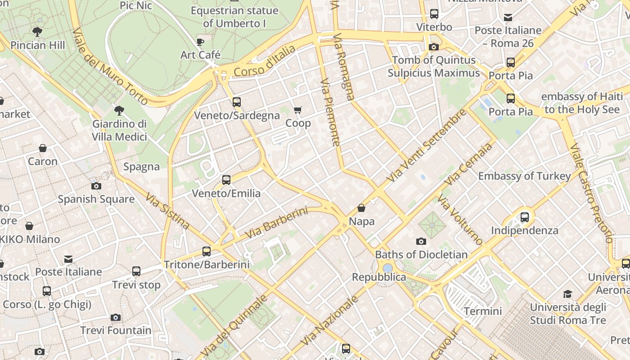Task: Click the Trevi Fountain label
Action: (x=116, y=330)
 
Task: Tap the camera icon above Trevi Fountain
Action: (x=116, y=318)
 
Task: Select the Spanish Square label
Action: (x=96, y=199)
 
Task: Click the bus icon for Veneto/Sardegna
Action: (x=237, y=102)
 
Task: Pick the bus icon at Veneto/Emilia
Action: (x=226, y=180)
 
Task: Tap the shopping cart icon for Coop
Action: (x=297, y=110)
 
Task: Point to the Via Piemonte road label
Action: (x=330, y=112)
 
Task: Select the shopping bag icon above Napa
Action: (x=361, y=208)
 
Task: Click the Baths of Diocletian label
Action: (x=421, y=254)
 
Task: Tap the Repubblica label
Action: (x=379, y=277)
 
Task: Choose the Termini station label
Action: (x=482, y=311)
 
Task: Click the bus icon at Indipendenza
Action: (x=525, y=217)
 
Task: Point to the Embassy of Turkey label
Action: (x=524, y=176)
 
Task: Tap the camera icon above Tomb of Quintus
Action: (x=434, y=47)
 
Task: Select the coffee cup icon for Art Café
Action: (x=200, y=42)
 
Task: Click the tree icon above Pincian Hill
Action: (x=37, y=32)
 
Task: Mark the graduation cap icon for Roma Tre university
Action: (x=567, y=294)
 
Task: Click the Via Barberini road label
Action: (x=276, y=223)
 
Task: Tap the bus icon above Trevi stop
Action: (x=136, y=271)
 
